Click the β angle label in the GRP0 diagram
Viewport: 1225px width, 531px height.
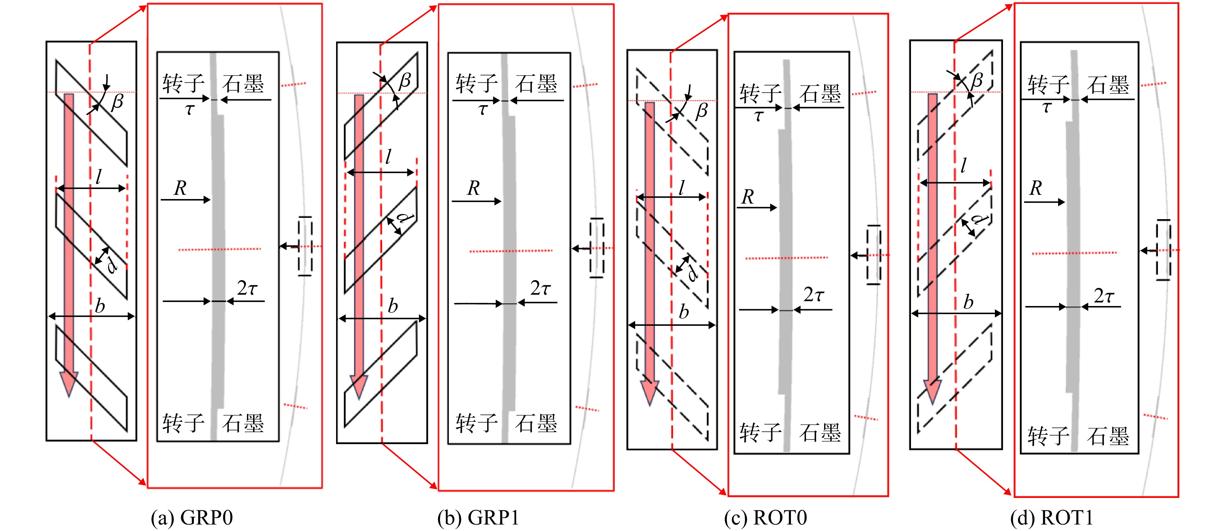click(x=117, y=102)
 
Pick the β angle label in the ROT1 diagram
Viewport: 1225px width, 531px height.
click(x=976, y=80)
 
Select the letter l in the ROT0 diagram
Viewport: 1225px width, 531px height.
click(x=682, y=187)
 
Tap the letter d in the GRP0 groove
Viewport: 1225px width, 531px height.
click(x=112, y=265)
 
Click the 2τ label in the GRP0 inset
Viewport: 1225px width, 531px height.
click(x=247, y=288)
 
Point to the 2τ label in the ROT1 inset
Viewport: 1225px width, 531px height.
click(x=1104, y=296)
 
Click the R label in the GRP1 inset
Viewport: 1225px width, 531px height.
click(x=474, y=188)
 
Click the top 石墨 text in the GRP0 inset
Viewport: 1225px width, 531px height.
click(x=243, y=84)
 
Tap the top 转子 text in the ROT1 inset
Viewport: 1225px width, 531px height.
click(x=1049, y=85)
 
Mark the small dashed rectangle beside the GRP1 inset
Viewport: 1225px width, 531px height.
click(x=597, y=248)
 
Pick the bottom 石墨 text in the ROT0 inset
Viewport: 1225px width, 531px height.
click(x=820, y=432)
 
